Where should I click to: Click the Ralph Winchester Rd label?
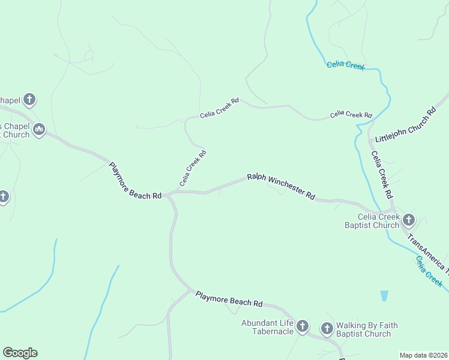click(281, 187)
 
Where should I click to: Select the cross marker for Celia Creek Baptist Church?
click(409, 220)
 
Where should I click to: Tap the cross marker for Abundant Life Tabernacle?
click(303, 327)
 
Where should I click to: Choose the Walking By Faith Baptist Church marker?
click(327, 328)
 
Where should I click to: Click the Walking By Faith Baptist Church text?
click(366, 329)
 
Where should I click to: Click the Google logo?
click(20, 353)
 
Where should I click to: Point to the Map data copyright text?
click(424, 355)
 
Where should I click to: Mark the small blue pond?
click(384, 296)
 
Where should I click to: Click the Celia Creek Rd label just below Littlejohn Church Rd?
click(382, 175)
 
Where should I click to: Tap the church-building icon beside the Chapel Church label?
click(39, 129)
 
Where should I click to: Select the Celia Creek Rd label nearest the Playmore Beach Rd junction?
click(193, 168)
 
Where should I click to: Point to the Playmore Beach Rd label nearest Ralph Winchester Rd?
click(136, 181)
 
